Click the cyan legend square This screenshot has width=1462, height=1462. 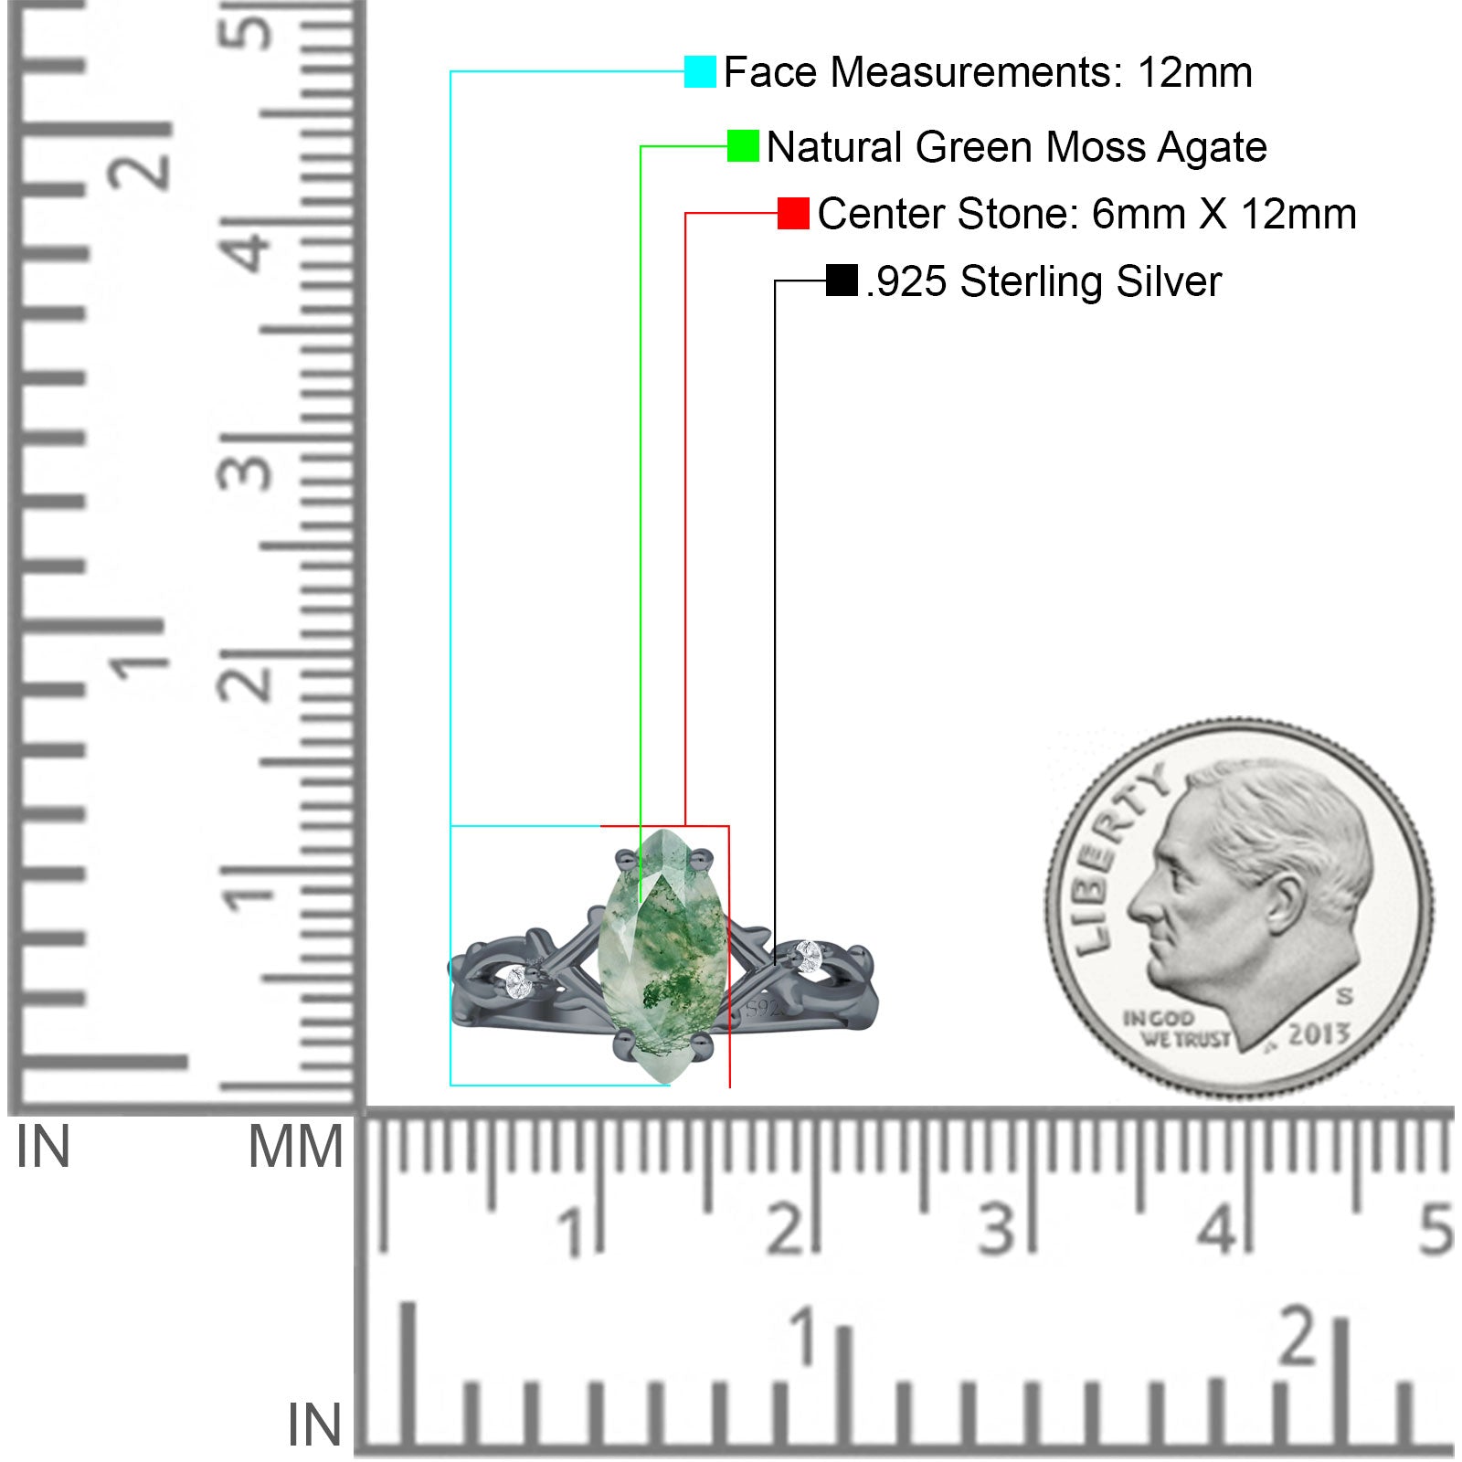click(x=700, y=71)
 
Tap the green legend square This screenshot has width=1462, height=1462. click(x=743, y=146)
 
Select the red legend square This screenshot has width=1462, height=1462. click(x=793, y=213)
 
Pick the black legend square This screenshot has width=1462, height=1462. click(x=842, y=281)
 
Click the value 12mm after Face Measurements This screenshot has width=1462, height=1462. click(x=1194, y=72)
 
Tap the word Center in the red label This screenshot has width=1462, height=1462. click(x=882, y=214)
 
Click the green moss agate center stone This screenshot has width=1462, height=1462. click(x=662, y=956)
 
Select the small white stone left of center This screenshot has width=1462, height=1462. click(x=517, y=982)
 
